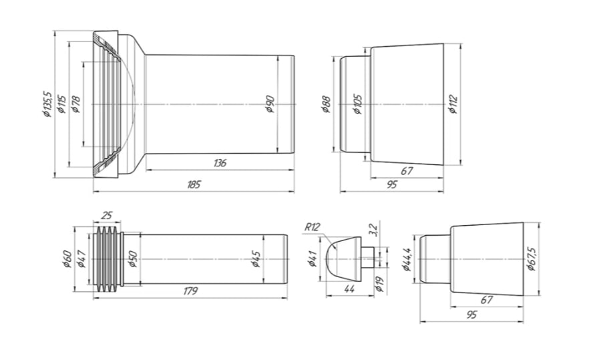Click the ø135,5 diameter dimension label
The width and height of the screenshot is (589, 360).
click(46, 105)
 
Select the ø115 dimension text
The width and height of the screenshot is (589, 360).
click(61, 105)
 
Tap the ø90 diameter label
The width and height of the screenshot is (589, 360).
click(270, 104)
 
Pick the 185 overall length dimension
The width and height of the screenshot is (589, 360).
click(194, 184)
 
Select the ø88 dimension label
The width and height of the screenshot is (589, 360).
click(327, 105)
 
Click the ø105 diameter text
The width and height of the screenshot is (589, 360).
click(358, 105)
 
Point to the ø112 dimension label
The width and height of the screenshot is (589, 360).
click(453, 105)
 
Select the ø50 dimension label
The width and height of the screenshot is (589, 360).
click(132, 258)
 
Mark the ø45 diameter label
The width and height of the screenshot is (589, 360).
click(256, 258)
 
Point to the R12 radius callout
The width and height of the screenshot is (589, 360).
click(313, 227)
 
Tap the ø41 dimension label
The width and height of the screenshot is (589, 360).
click(312, 258)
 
